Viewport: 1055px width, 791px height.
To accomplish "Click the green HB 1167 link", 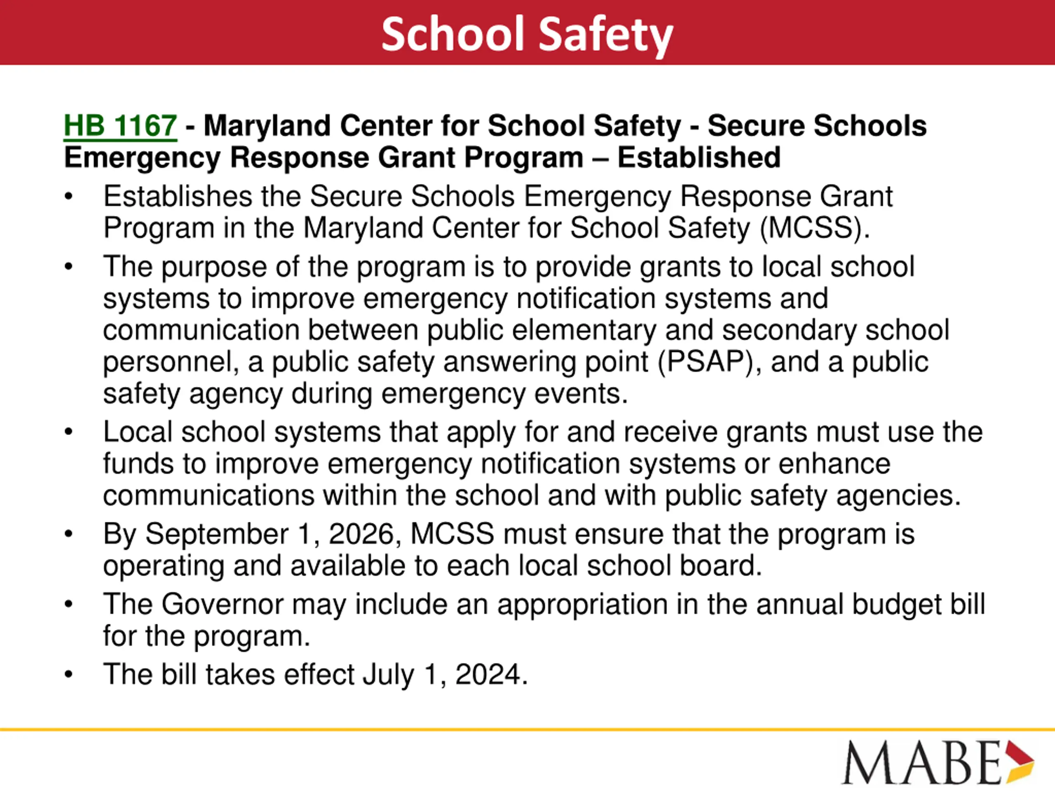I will [x=120, y=126].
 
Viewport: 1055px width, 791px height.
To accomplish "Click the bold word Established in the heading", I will [x=699, y=158].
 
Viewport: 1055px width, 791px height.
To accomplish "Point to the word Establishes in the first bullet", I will [x=178, y=197].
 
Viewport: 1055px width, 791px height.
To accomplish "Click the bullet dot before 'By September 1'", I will [x=69, y=534].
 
